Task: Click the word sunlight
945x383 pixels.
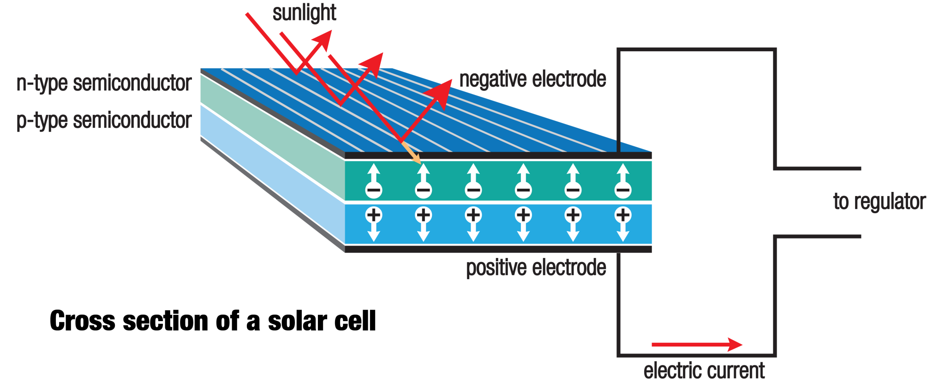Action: tap(304, 13)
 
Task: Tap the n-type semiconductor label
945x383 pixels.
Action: tap(104, 84)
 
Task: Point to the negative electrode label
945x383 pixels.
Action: tap(532, 79)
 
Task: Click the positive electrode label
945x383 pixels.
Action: tap(536, 268)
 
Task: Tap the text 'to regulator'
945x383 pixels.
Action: tap(879, 202)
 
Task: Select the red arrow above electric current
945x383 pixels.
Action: tap(697, 344)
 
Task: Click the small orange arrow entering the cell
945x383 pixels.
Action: tap(412, 154)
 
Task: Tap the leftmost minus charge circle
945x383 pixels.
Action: tap(374, 190)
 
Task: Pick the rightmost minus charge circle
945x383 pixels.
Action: tap(623, 190)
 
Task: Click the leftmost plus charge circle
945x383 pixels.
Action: tap(374, 215)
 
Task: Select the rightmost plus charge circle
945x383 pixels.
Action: tap(623, 215)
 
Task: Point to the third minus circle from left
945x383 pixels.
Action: tap(473, 190)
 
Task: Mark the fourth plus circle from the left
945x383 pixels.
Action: tap(523, 215)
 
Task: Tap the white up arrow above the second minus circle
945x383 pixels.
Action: tap(424, 173)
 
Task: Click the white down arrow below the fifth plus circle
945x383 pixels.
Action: tap(573, 232)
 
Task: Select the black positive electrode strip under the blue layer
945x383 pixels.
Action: tap(498, 249)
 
